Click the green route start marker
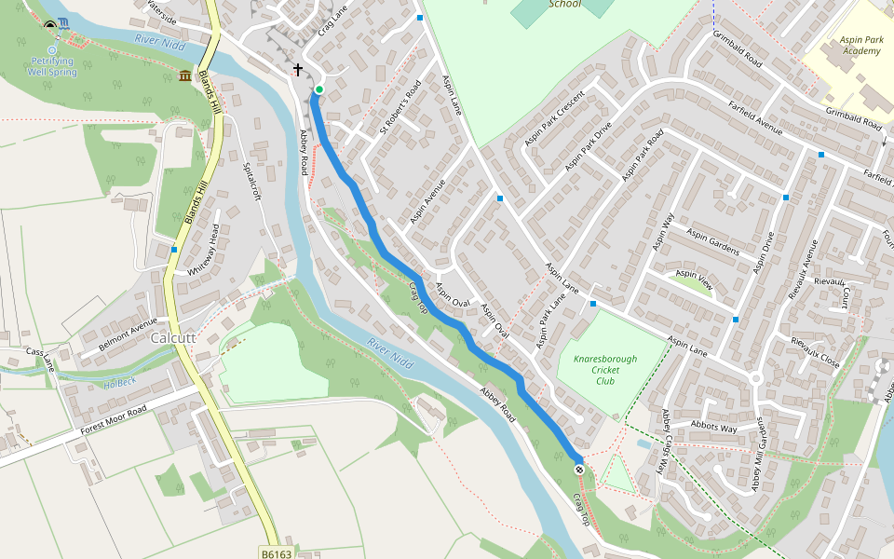point(318,89)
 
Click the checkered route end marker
point(579,470)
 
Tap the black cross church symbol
point(298,70)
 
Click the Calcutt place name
point(173,338)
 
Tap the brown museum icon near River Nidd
point(184,75)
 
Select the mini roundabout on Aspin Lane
point(755,378)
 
